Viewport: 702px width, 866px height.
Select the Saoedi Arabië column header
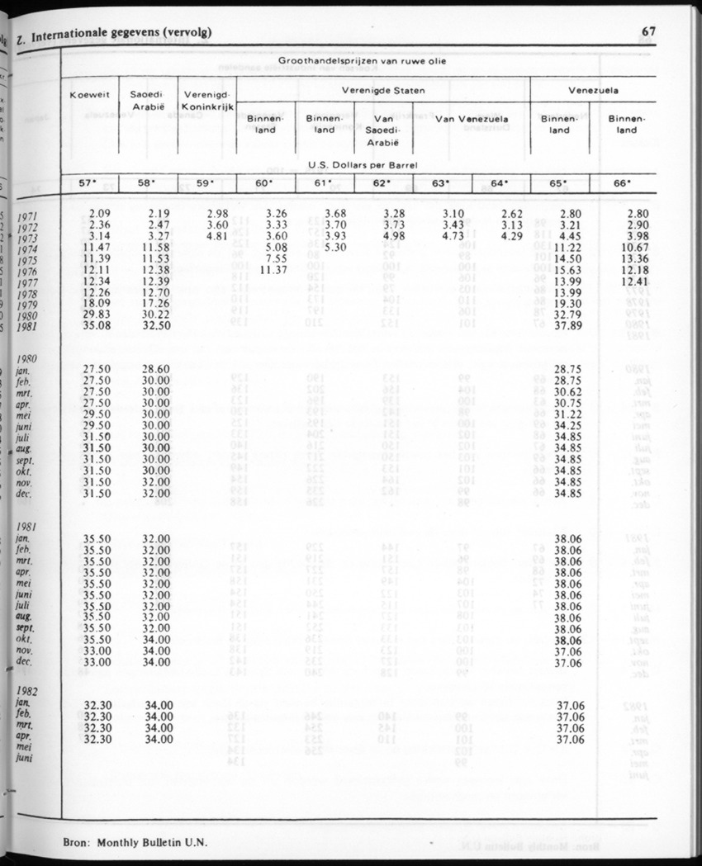pyautogui.click(x=149, y=101)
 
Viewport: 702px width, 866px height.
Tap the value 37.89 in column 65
pyautogui.click(x=570, y=326)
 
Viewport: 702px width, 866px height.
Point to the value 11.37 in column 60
pyautogui.click(x=273, y=270)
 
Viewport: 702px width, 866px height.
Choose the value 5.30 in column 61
pyautogui.click(x=330, y=247)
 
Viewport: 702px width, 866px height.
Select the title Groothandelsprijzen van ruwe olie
pyautogui.click(x=363, y=62)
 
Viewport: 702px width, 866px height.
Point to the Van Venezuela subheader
pyautogui.click(x=472, y=119)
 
